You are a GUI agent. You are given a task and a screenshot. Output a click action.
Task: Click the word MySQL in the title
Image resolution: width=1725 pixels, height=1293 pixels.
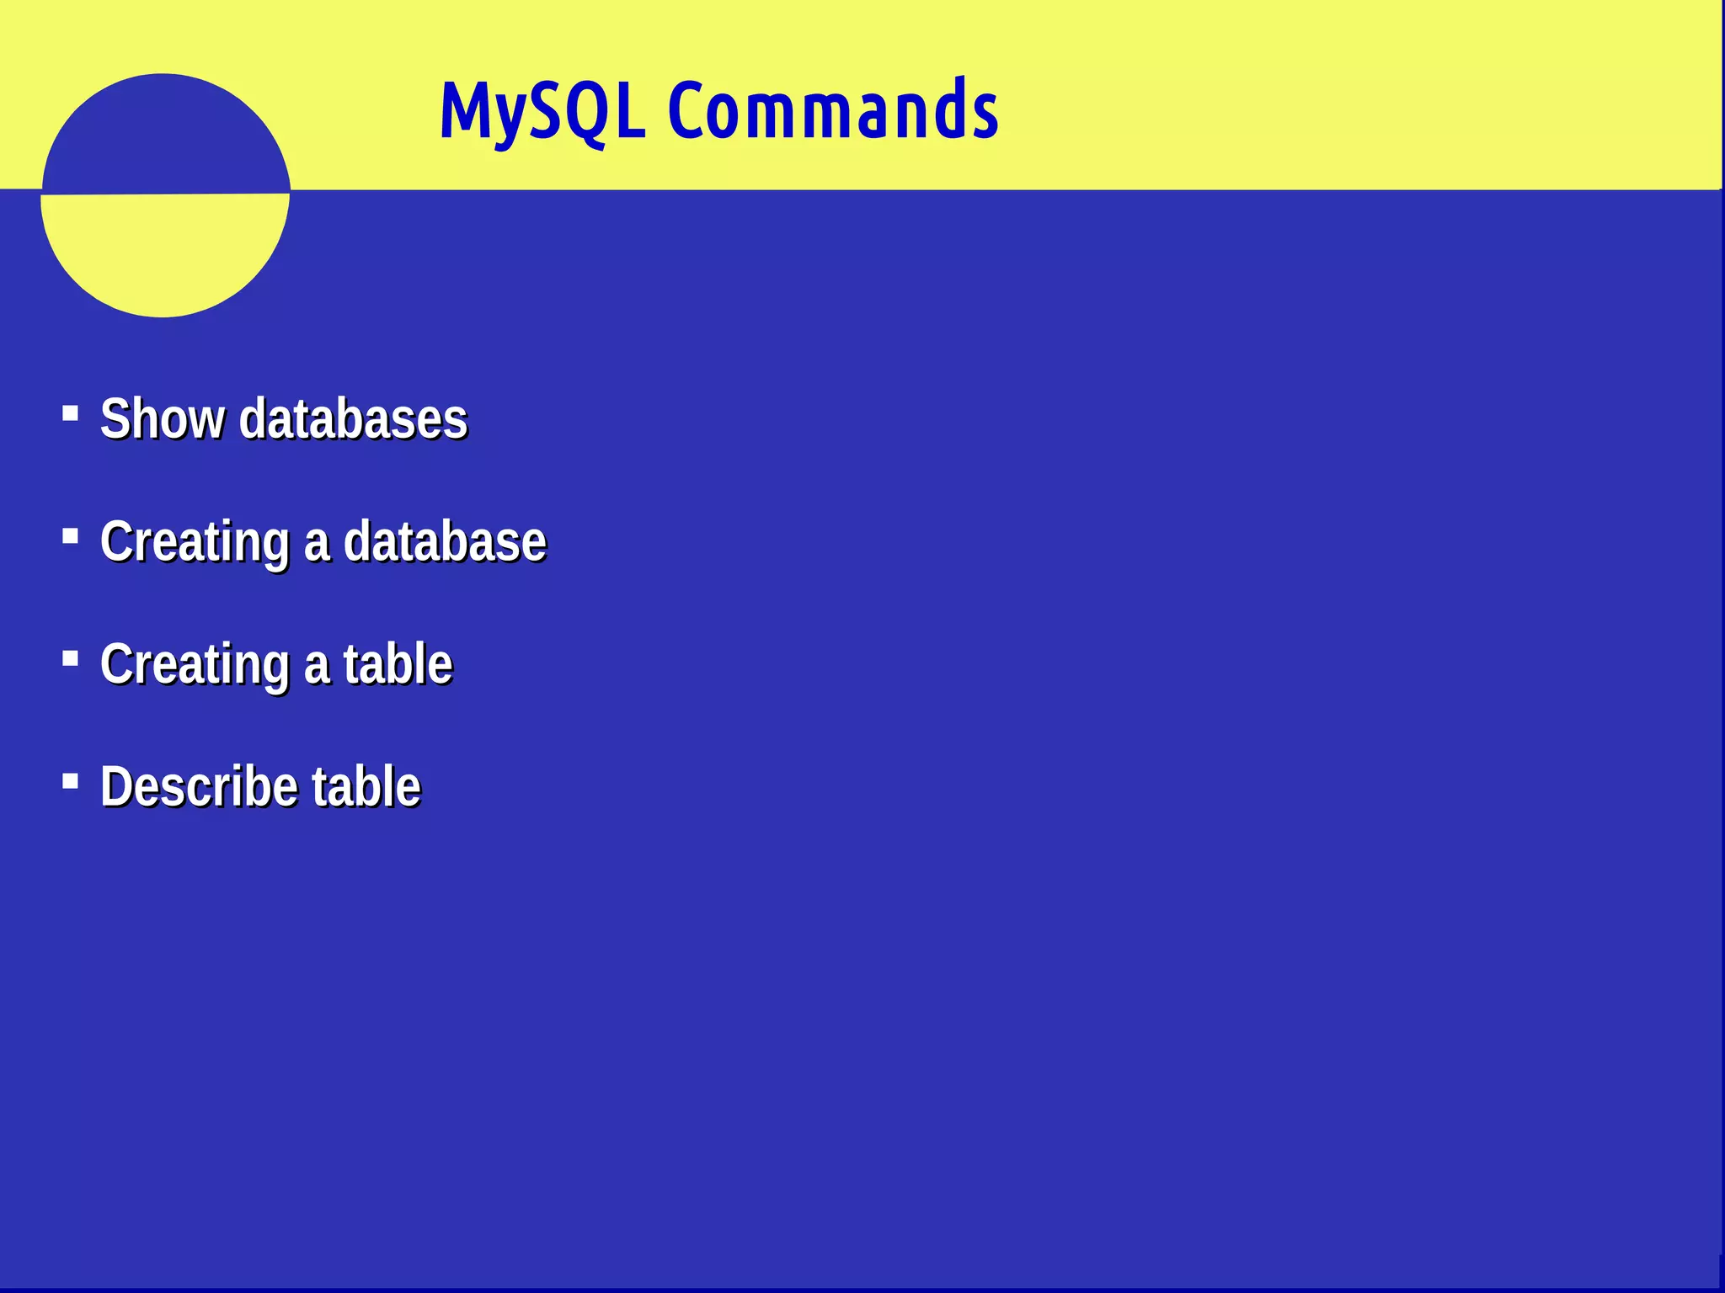(542, 111)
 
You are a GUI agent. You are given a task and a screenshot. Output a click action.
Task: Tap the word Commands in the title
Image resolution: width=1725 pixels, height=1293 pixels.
(833, 111)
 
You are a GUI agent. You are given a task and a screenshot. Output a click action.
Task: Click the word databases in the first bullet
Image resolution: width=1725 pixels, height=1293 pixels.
(353, 418)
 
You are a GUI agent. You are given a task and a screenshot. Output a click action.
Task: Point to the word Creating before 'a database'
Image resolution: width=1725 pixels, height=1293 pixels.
(195, 541)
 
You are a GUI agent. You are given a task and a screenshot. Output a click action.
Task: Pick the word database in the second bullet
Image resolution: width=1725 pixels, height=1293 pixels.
(445, 541)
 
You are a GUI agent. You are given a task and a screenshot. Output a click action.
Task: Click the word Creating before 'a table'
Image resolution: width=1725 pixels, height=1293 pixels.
(195, 664)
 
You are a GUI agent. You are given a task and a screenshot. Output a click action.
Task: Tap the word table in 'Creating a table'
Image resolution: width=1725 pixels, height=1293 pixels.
(398, 664)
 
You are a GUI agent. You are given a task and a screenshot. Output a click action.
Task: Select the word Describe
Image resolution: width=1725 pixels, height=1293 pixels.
(199, 787)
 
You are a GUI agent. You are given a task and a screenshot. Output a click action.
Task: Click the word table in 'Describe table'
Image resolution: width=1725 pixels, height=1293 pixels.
(366, 787)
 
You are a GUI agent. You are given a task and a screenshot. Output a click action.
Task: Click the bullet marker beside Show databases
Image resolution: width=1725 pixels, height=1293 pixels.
(71, 413)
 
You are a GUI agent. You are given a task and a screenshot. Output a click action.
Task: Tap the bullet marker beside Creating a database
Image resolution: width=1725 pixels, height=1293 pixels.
(71, 535)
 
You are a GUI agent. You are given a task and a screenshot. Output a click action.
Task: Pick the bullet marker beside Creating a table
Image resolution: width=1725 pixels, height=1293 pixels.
(71, 658)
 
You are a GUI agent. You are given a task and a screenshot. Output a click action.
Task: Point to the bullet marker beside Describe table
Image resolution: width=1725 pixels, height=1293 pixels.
(71, 781)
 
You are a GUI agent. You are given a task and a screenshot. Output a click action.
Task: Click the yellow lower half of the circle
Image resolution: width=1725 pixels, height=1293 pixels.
(164, 253)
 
